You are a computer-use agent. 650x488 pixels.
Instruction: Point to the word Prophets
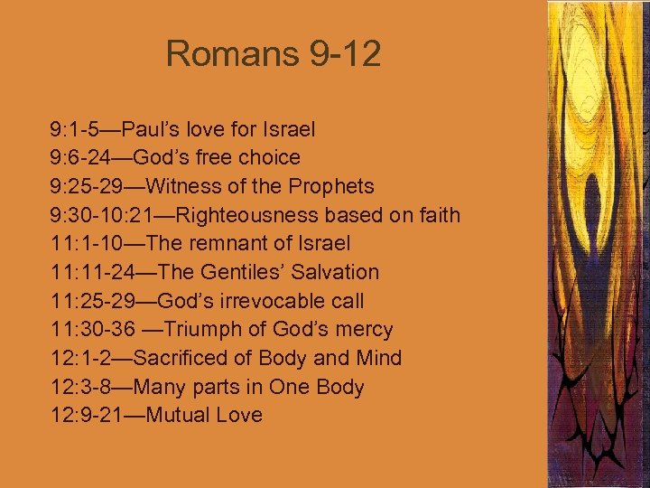coord(329,187)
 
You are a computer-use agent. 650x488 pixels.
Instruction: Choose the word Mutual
coord(174,416)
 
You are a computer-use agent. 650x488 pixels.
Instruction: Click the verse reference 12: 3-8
coord(80,388)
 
